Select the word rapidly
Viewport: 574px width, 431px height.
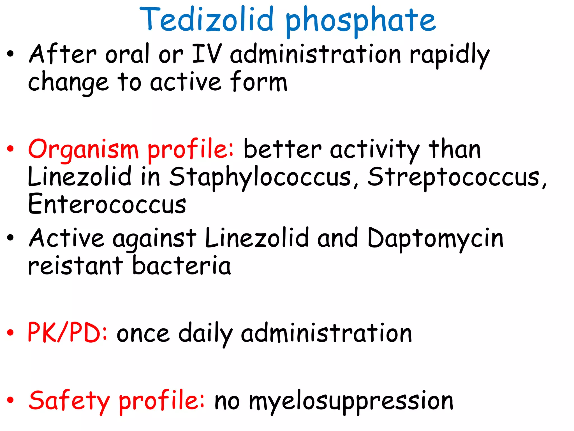pyautogui.click(x=449, y=55)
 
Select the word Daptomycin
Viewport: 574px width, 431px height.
pyautogui.click(x=435, y=239)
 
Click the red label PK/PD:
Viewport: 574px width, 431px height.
pyautogui.click(x=67, y=333)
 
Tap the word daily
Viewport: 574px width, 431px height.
pyautogui.click(x=205, y=334)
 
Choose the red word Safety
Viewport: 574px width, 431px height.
pyautogui.click(x=69, y=401)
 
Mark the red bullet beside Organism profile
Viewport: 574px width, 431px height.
pyautogui.click(x=10, y=149)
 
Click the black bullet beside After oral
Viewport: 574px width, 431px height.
pyautogui.click(x=10, y=54)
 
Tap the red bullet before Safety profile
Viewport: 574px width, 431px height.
pyautogui.click(x=10, y=400)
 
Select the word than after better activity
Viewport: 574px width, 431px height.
pyautogui.click(x=455, y=149)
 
